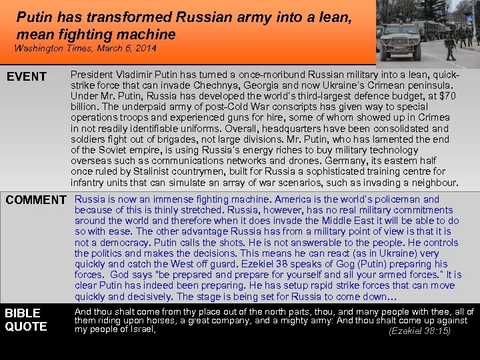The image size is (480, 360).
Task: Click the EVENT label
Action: click(27, 77)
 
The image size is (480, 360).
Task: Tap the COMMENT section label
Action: click(36, 200)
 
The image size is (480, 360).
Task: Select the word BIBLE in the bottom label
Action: click(23, 313)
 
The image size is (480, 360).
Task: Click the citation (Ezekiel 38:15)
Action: click(419, 331)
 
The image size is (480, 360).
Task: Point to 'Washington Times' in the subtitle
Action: click(49, 49)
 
